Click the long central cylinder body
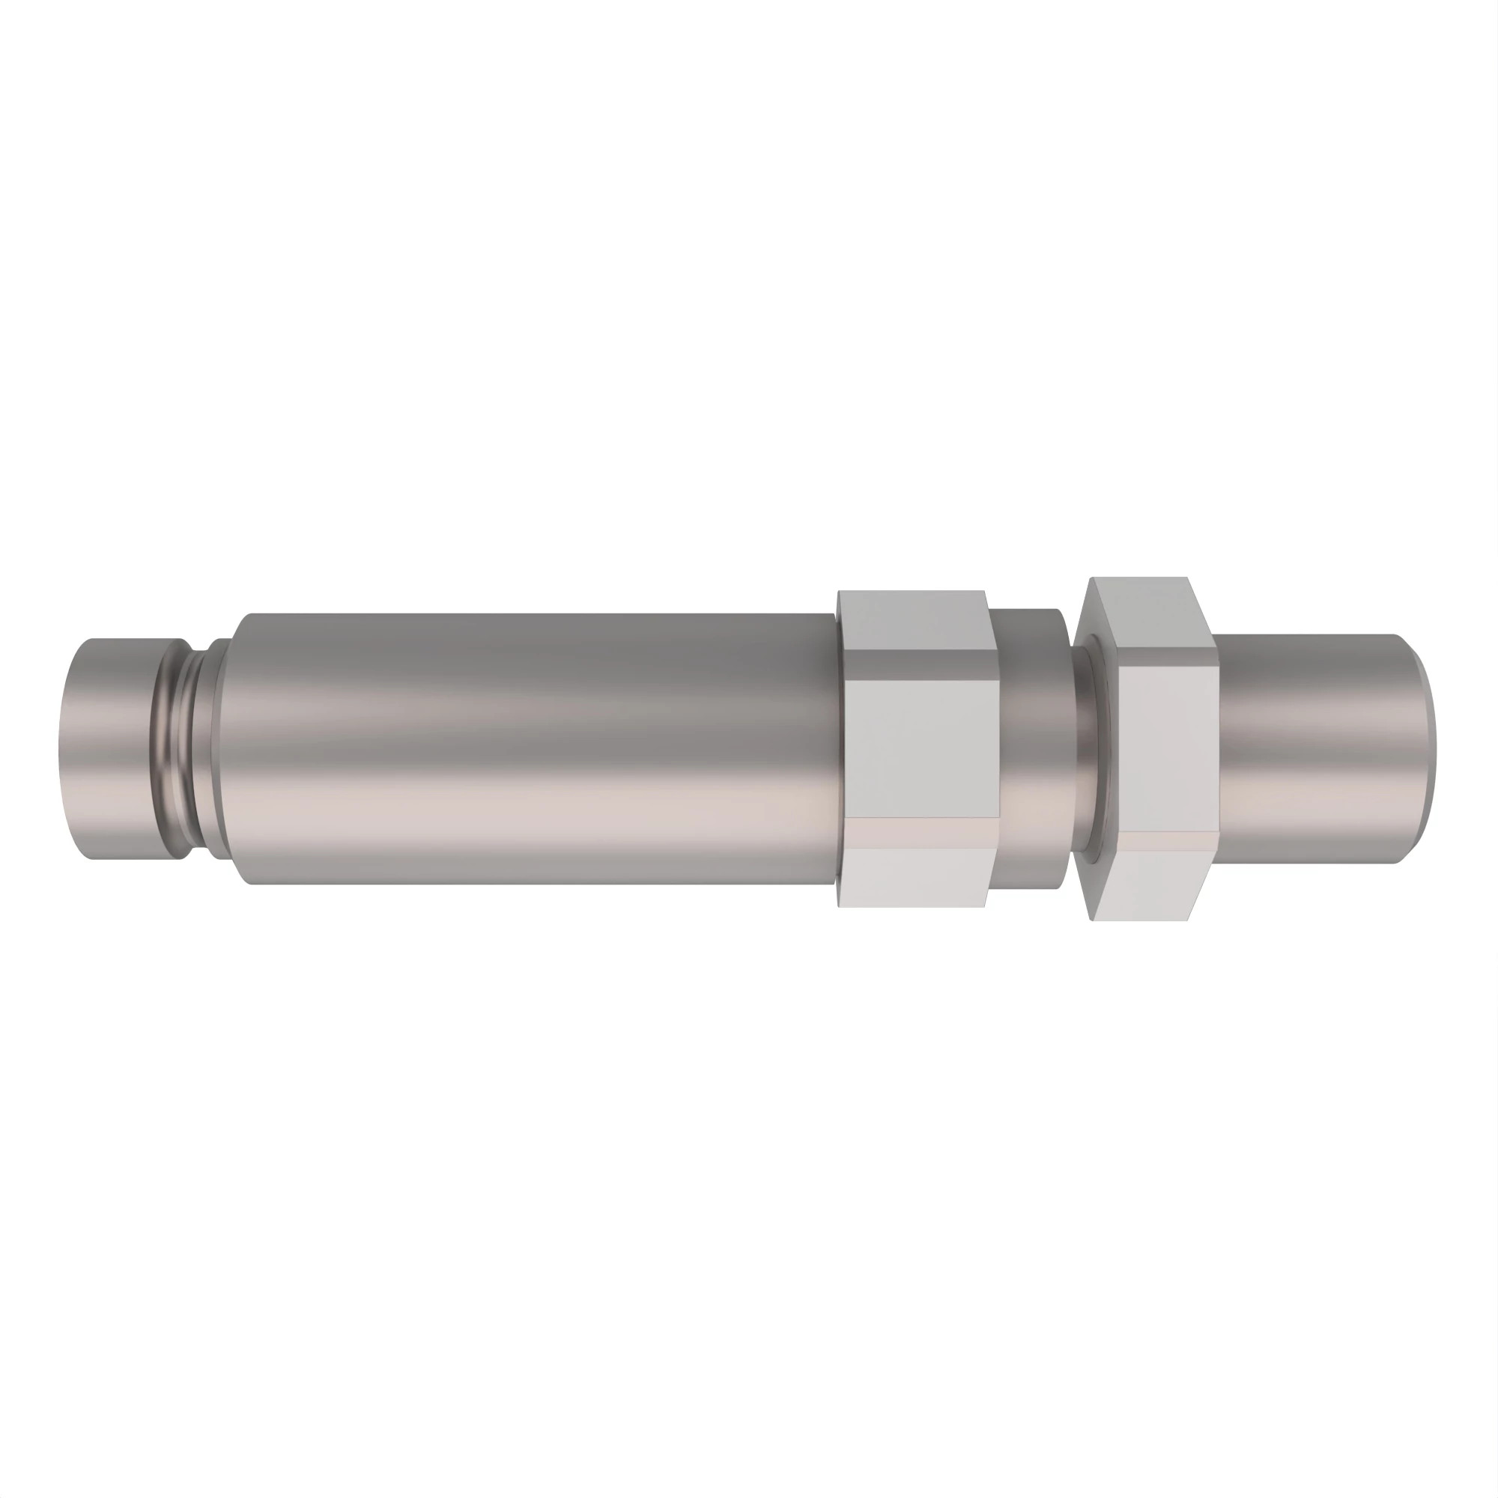[535, 748]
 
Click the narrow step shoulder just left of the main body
[222, 748]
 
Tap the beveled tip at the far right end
[1424, 748]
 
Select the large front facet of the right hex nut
[1163, 745]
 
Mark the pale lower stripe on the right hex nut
[1163, 842]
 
